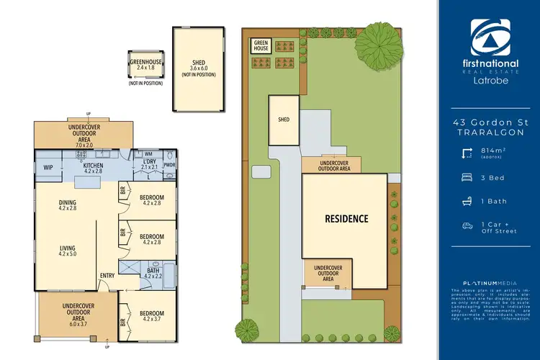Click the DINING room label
click(x=68, y=203)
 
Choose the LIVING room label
click(x=68, y=248)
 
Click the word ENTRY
click(x=107, y=274)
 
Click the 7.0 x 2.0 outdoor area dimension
click(x=84, y=145)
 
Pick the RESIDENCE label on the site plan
click(x=346, y=218)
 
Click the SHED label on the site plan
click(x=283, y=120)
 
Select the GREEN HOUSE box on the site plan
click(x=260, y=45)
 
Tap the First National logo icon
click(x=490, y=35)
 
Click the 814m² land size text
click(x=493, y=150)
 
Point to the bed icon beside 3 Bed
click(x=467, y=176)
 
